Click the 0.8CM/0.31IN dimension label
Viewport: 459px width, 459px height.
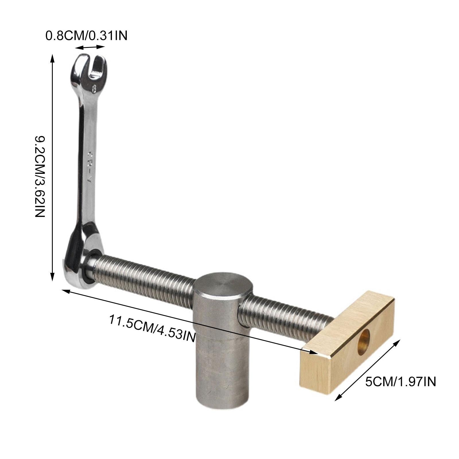(x=86, y=36)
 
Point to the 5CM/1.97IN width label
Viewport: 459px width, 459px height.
(x=400, y=382)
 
